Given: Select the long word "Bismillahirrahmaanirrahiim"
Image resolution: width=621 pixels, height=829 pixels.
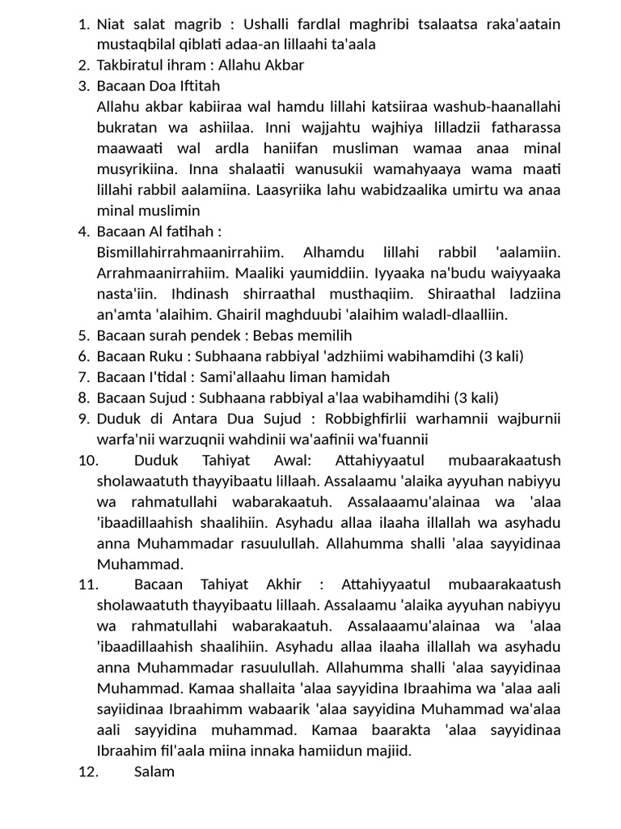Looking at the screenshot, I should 188,253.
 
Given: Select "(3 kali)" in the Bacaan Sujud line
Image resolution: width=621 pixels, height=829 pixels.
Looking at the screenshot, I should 475,397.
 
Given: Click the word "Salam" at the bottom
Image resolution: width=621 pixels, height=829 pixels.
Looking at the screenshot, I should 154,772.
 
